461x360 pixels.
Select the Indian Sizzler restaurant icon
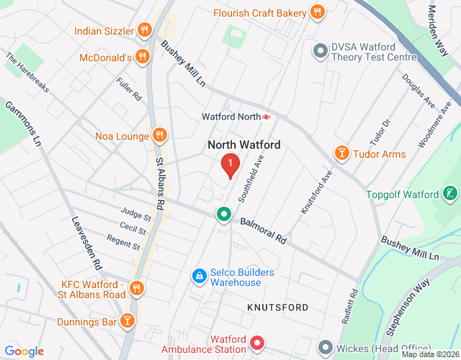[x=145, y=31]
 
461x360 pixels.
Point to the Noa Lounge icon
[x=159, y=135]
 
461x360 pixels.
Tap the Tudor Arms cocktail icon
[x=341, y=153]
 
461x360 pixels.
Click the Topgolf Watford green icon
[x=450, y=194]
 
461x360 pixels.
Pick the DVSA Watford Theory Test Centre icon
[x=320, y=50]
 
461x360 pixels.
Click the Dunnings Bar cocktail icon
[x=127, y=320]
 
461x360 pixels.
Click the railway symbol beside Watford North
[x=267, y=116]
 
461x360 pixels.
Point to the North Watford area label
[x=243, y=145]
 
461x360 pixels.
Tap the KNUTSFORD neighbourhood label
[x=277, y=307]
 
